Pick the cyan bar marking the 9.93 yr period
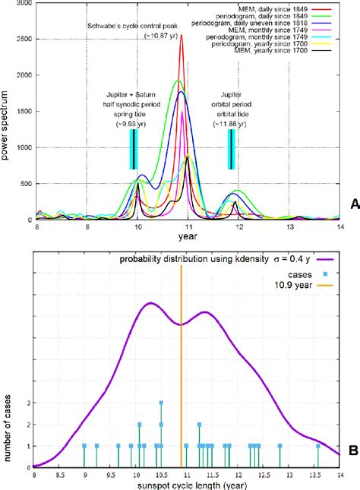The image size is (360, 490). (134, 150)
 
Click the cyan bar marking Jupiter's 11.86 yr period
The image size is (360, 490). (231, 150)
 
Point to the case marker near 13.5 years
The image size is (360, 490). (317, 446)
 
